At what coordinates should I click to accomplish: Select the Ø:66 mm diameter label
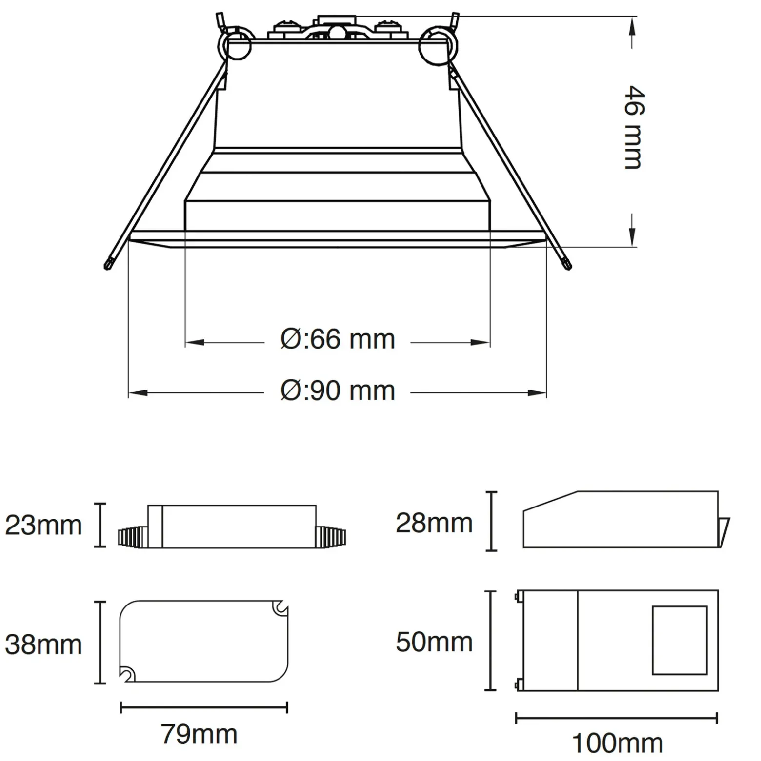pyautogui.click(x=338, y=339)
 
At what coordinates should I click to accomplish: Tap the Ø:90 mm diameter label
pyautogui.click(x=338, y=390)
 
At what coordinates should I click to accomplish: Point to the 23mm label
pyautogui.click(x=43, y=526)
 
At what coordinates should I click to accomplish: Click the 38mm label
pyautogui.click(x=43, y=644)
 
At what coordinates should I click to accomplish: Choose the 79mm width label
pyautogui.click(x=199, y=734)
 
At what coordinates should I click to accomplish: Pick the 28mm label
pyautogui.click(x=434, y=523)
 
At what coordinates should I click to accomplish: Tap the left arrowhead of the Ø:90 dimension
pyautogui.click(x=138, y=393)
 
